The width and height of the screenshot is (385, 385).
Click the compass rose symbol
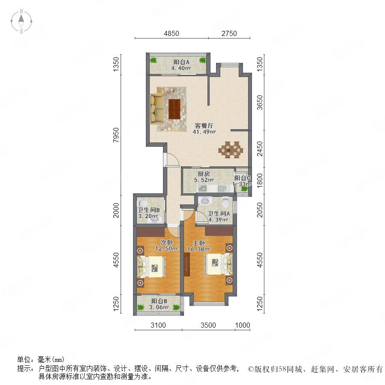click(21, 21)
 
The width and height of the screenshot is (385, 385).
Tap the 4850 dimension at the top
click(172, 33)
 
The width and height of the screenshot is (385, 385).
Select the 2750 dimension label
click(229, 33)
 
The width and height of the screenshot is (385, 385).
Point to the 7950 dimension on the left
click(116, 135)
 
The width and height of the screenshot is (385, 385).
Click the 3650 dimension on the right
click(260, 103)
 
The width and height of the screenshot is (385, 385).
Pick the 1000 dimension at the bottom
click(243, 325)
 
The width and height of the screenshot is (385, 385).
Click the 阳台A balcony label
click(181, 62)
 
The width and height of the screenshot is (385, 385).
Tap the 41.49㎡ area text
click(204, 132)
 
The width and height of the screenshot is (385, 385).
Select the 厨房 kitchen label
click(204, 174)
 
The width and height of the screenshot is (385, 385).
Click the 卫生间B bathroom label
click(148, 210)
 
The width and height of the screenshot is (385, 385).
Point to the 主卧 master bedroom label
click(198, 243)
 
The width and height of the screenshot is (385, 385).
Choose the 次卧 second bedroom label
click(167, 243)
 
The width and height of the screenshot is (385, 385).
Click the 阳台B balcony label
click(159, 301)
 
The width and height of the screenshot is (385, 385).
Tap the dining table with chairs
click(231, 150)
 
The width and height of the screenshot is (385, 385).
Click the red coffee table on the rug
click(175, 109)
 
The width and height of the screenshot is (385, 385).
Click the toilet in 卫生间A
click(225, 202)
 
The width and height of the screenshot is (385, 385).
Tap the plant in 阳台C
click(244, 189)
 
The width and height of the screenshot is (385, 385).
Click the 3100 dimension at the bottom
click(158, 325)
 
